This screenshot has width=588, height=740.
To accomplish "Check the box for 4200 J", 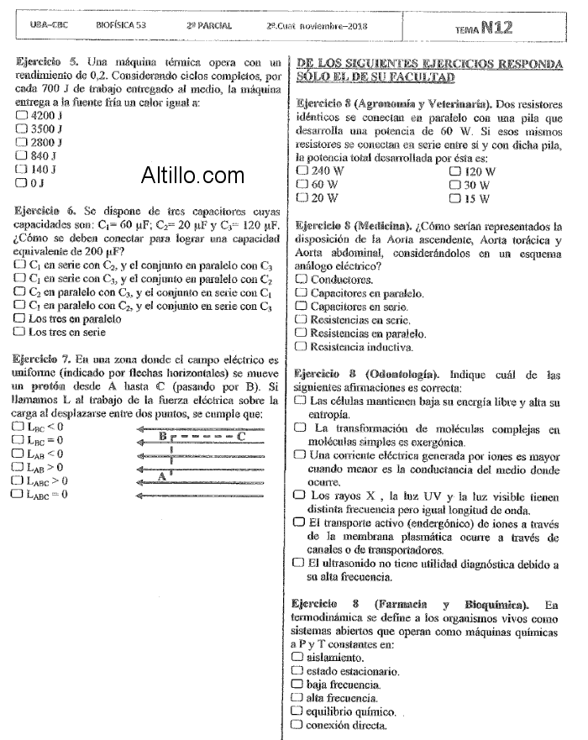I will click(22, 114).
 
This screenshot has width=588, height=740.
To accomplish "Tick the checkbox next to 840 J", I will click(22, 155).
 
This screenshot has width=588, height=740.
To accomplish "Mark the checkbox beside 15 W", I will click(455, 198).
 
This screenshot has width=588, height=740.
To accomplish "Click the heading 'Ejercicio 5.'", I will click(46, 63).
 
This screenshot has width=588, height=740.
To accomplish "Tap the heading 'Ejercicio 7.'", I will click(46, 360).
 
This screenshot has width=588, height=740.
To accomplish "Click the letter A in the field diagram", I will click(161, 476).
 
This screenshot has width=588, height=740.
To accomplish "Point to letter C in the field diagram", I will click(241, 435).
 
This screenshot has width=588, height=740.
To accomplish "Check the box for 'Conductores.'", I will click(302, 280).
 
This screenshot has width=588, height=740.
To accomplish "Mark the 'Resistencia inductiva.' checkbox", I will click(302, 346).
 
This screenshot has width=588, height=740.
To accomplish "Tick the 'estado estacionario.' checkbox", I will click(297, 671).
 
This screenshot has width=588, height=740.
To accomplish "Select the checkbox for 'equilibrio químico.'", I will click(297, 711).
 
